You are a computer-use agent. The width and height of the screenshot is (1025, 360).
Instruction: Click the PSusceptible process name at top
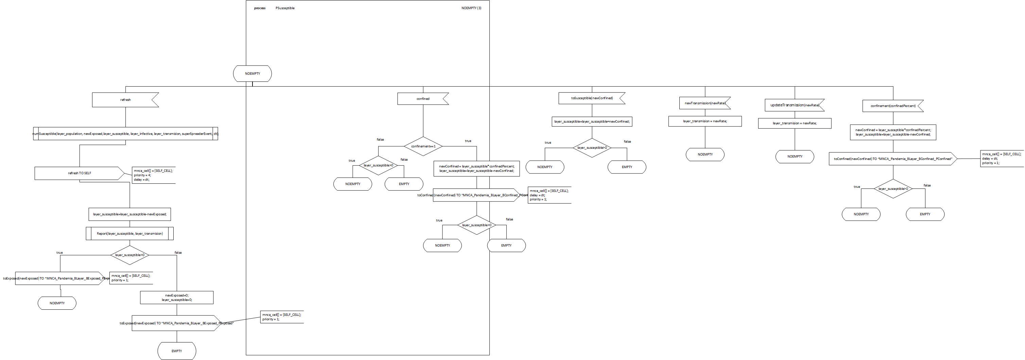coord(285,8)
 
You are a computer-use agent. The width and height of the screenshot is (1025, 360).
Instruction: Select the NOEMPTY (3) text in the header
coord(471,8)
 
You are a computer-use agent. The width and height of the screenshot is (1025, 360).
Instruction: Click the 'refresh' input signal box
coord(125,100)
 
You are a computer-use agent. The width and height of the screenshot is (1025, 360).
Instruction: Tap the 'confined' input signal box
coord(422,98)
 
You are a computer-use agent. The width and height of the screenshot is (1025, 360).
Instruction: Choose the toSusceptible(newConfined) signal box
coord(592,98)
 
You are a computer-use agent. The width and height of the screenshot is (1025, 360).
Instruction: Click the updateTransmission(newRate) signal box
coord(794,105)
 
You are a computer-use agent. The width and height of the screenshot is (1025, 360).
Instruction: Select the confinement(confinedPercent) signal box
coord(892,106)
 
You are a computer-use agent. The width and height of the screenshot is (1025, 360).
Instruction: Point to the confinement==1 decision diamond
coord(423,146)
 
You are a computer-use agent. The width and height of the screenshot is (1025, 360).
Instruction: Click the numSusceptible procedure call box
coord(125,134)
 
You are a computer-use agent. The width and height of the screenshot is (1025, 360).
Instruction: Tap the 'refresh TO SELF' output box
coord(79,173)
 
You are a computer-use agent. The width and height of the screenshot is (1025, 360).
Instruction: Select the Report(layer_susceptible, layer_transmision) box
coord(130,234)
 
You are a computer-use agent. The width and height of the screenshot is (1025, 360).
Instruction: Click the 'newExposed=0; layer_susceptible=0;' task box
coord(177,298)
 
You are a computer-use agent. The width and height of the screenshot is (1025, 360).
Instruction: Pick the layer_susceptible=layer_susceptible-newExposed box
coord(130,214)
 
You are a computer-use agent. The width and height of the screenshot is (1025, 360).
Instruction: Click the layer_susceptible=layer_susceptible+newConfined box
coord(592,121)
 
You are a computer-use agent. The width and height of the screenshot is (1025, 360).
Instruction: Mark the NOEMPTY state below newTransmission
coord(705,154)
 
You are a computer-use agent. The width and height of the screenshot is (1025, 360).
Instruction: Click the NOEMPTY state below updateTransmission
coord(795,156)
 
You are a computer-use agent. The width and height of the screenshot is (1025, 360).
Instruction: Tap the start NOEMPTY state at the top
coord(252,74)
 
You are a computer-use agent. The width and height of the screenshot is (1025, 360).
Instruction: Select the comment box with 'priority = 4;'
coord(154,175)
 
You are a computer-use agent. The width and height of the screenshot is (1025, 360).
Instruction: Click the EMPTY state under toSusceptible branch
coord(627,167)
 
